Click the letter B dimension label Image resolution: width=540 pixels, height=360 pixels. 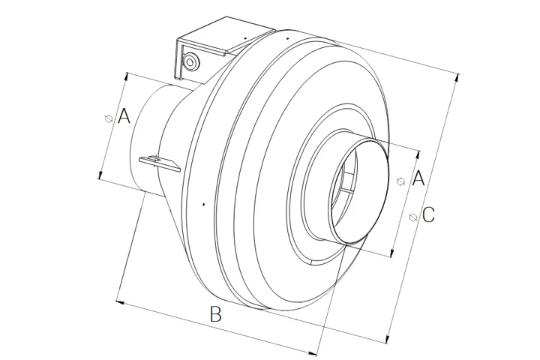[215, 314]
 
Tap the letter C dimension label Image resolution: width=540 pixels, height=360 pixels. [428, 214]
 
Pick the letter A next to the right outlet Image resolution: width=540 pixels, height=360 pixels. [418, 178]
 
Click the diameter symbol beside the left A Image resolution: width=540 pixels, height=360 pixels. [109, 118]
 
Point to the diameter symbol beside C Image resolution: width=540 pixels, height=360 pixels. [413, 217]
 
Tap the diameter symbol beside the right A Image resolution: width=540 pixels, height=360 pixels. [401, 181]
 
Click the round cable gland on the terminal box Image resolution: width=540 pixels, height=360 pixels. [190, 61]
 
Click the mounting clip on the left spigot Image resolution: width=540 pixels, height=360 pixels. [160, 163]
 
